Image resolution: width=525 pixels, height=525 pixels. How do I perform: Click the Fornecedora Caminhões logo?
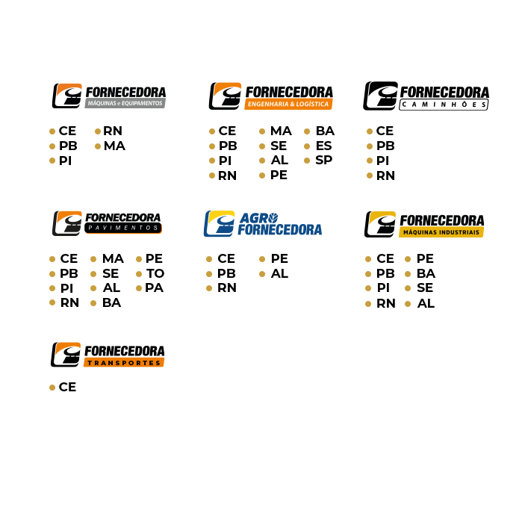[x=426, y=96]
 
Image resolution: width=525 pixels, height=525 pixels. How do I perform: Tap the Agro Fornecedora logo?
[x=263, y=223]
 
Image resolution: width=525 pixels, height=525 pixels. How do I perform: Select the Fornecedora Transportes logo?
[x=108, y=355]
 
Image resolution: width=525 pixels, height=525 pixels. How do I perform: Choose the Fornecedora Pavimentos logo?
[x=108, y=223]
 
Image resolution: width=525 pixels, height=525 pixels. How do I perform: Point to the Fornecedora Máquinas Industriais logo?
[x=424, y=224]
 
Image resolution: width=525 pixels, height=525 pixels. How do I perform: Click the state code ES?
[x=323, y=146]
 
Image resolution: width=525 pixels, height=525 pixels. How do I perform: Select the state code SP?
[x=323, y=160]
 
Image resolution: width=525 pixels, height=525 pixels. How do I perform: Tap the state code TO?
[x=155, y=273]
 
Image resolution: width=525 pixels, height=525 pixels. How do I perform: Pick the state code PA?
[x=154, y=288]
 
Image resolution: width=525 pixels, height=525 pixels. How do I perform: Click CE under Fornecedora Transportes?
[x=67, y=387]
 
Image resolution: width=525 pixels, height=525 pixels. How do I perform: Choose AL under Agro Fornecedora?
[x=279, y=273]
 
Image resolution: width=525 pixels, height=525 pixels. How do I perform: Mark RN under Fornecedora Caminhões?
[x=385, y=175]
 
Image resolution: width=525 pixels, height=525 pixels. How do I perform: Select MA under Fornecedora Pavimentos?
[x=113, y=258]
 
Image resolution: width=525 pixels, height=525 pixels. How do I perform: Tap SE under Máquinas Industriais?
[x=425, y=288]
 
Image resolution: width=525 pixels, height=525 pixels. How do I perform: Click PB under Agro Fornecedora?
[x=226, y=273]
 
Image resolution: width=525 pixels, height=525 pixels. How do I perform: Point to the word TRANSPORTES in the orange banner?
[x=124, y=363]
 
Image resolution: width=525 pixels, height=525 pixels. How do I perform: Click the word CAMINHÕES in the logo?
[x=444, y=105]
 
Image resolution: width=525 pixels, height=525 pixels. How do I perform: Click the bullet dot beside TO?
[x=139, y=274]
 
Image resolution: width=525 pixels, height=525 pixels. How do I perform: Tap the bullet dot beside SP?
[x=307, y=161]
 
